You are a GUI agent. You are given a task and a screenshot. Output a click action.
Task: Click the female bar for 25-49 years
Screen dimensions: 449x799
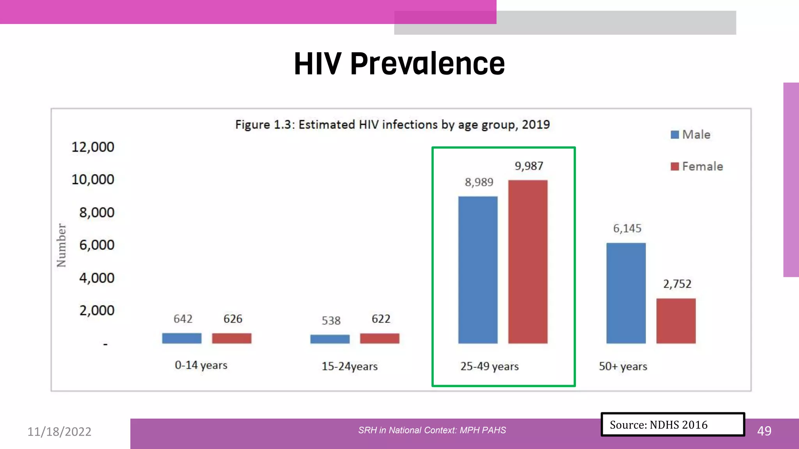click(527, 262)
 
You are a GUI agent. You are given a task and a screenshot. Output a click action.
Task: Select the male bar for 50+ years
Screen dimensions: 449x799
click(626, 293)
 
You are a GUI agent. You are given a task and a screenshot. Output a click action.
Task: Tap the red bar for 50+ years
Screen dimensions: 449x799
click(676, 321)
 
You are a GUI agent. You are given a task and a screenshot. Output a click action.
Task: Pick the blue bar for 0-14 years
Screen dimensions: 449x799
click(182, 338)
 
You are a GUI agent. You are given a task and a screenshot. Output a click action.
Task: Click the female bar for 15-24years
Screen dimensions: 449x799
click(380, 338)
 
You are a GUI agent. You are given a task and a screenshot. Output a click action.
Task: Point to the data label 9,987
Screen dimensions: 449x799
click(529, 166)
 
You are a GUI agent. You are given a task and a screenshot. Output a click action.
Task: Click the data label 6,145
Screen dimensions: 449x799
click(627, 228)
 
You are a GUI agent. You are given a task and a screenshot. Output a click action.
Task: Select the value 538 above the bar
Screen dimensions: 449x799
click(331, 320)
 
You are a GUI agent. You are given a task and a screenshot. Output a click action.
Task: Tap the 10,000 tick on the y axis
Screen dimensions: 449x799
click(93, 179)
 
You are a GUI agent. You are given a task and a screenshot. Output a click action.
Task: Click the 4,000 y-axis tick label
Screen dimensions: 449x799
click(97, 278)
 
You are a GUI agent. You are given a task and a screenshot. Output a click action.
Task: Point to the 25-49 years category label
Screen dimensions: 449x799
click(489, 366)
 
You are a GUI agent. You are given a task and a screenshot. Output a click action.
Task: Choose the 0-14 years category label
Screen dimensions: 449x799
click(201, 365)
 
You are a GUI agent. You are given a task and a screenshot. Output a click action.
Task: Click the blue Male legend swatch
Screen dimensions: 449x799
click(675, 135)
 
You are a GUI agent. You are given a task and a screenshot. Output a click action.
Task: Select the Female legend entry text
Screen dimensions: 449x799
click(702, 166)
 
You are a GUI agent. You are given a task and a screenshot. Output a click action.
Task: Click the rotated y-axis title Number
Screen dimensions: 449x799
click(61, 245)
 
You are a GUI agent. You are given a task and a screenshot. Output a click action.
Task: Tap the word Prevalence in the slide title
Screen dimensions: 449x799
click(427, 64)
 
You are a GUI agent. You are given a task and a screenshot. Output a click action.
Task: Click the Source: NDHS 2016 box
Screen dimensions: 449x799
click(672, 424)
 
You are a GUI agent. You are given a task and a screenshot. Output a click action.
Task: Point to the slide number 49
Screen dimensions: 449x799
click(764, 431)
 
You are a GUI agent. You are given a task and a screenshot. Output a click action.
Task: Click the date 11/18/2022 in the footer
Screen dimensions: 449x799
click(59, 431)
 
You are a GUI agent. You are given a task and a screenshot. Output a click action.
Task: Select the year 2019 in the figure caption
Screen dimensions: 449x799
click(536, 124)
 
